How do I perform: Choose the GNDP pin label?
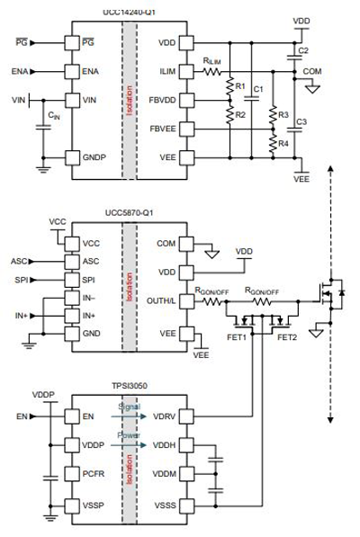tap(94, 157)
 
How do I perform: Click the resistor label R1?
tap(239, 86)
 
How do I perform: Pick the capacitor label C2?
tap(303, 50)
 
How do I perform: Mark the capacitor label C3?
tap(302, 121)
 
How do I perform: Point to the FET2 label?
tap(286, 337)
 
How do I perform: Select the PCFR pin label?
tap(94, 473)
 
